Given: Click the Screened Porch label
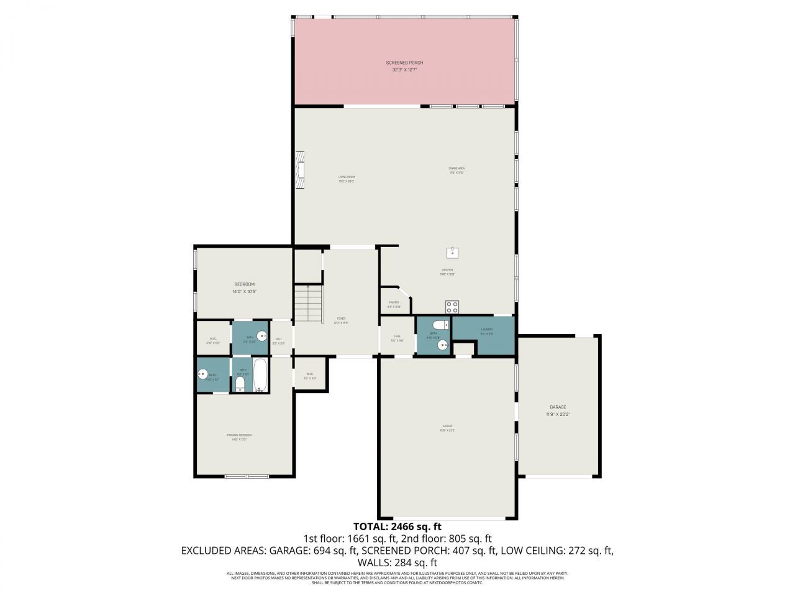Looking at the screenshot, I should [404, 66].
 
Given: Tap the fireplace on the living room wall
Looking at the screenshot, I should [301, 169].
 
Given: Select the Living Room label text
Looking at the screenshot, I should [347, 179].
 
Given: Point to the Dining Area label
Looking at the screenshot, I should [457, 171].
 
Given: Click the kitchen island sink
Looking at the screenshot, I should [453, 252].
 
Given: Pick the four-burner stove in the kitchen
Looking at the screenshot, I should [452, 307].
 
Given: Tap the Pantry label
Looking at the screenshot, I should [394, 304].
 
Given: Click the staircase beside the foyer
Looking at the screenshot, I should [309, 304].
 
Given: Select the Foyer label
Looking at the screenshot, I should [341, 320].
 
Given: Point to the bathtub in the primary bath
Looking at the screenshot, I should [260, 374].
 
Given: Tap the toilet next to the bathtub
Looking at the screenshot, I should [240, 384].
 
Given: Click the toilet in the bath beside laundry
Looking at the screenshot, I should [438, 325].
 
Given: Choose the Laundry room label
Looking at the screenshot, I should [486, 332].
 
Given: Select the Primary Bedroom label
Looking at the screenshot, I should [239, 437].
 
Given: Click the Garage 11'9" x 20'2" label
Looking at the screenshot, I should [558, 410].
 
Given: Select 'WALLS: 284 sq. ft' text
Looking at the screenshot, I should [397, 562].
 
